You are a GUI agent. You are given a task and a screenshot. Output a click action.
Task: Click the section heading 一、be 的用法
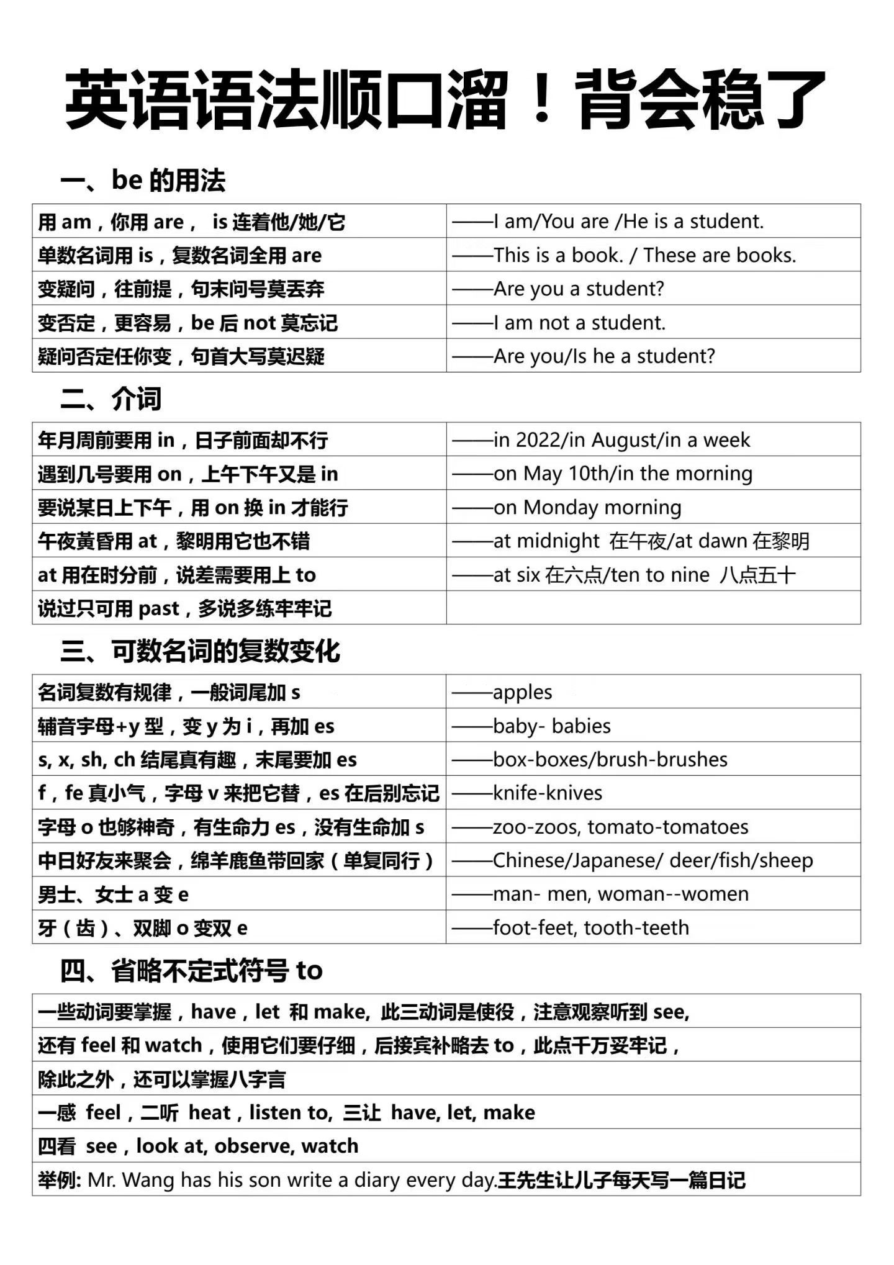[x=143, y=181]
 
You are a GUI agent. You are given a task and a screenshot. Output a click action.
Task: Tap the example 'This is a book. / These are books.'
[x=644, y=255]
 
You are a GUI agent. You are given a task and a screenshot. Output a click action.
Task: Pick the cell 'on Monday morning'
[x=587, y=508]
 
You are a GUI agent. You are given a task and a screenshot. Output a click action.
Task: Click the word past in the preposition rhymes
[x=159, y=609]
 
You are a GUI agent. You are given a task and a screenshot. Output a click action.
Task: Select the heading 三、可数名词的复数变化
[x=200, y=651]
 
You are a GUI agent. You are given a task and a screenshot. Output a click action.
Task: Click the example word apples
[x=522, y=693]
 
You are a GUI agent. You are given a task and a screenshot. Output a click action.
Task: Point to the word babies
[x=581, y=726]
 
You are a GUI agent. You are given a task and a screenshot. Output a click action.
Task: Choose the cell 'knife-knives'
[x=548, y=793]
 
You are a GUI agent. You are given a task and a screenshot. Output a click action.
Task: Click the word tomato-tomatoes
[x=668, y=827]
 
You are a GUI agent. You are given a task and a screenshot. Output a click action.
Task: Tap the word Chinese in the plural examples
[x=531, y=861]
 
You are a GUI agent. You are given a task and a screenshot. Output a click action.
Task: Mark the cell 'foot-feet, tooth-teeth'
[x=590, y=928]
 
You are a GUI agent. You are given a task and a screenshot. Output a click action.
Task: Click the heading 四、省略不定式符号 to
[x=191, y=971]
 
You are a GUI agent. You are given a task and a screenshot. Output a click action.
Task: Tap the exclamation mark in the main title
[x=541, y=99]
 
